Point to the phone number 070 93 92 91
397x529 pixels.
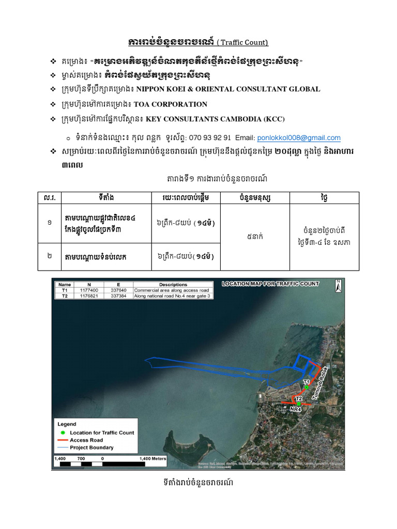click(209, 138)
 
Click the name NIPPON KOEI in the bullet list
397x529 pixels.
click(159, 89)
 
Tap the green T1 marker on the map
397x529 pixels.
click(307, 387)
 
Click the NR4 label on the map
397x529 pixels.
click(295, 409)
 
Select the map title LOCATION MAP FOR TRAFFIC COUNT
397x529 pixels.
click(270, 284)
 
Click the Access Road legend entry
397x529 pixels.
click(86, 440)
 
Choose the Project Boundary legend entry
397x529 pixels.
click(91, 447)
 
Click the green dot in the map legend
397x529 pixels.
click(63, 432)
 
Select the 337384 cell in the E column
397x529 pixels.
click(118, 296)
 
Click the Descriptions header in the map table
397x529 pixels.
click(173, 285)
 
